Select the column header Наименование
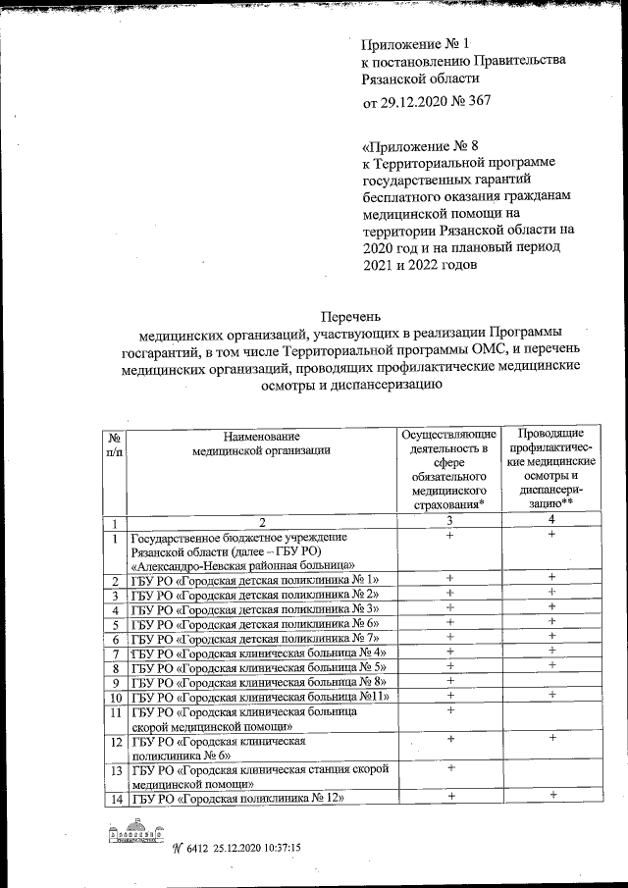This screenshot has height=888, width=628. pyautogui.click(x=261, y=436)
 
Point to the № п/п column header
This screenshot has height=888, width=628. pyautogui.click(x=115, y=444)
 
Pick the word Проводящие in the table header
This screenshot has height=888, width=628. pyautogui.click(x=552, y=434)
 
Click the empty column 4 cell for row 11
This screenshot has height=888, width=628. pyautogui.click(x=552, y=718)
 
